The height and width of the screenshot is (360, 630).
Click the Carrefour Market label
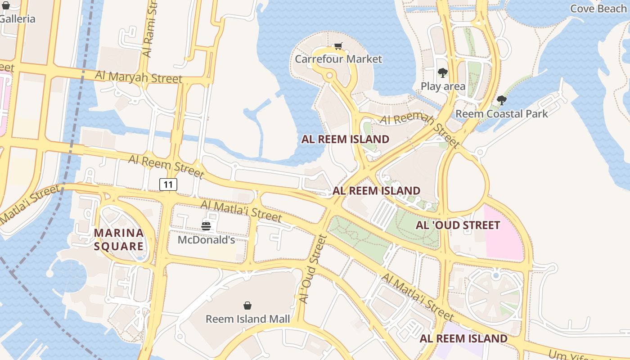click(x=338, y=59)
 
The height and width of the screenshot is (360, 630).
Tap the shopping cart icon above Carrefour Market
click(x=338, y=46)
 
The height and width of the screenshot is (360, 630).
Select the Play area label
click(x=443, y=86)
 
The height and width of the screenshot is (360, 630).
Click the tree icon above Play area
click(x=443, y=73)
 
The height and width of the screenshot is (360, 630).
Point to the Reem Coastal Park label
click(x=502, y=113)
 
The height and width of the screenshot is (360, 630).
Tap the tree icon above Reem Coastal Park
click(x=502, y=100)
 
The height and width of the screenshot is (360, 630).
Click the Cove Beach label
click(x=598, y=9)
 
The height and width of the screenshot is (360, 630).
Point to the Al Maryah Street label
click(x=139, y=77)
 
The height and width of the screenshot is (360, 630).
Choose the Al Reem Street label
click(x=166, y=166)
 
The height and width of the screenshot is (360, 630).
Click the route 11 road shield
click(x=168, y=184)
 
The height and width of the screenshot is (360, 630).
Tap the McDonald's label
click(x=206, y=239)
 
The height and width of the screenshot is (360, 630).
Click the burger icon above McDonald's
click(x=206, y=226)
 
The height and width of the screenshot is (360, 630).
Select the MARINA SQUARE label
click(x=119, y=239)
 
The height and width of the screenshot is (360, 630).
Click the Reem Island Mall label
click(x=247, y=319)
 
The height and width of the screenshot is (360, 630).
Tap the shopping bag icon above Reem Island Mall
click(x=247, y=306)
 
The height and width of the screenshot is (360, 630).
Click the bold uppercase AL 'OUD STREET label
click(x=458, y=225)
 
